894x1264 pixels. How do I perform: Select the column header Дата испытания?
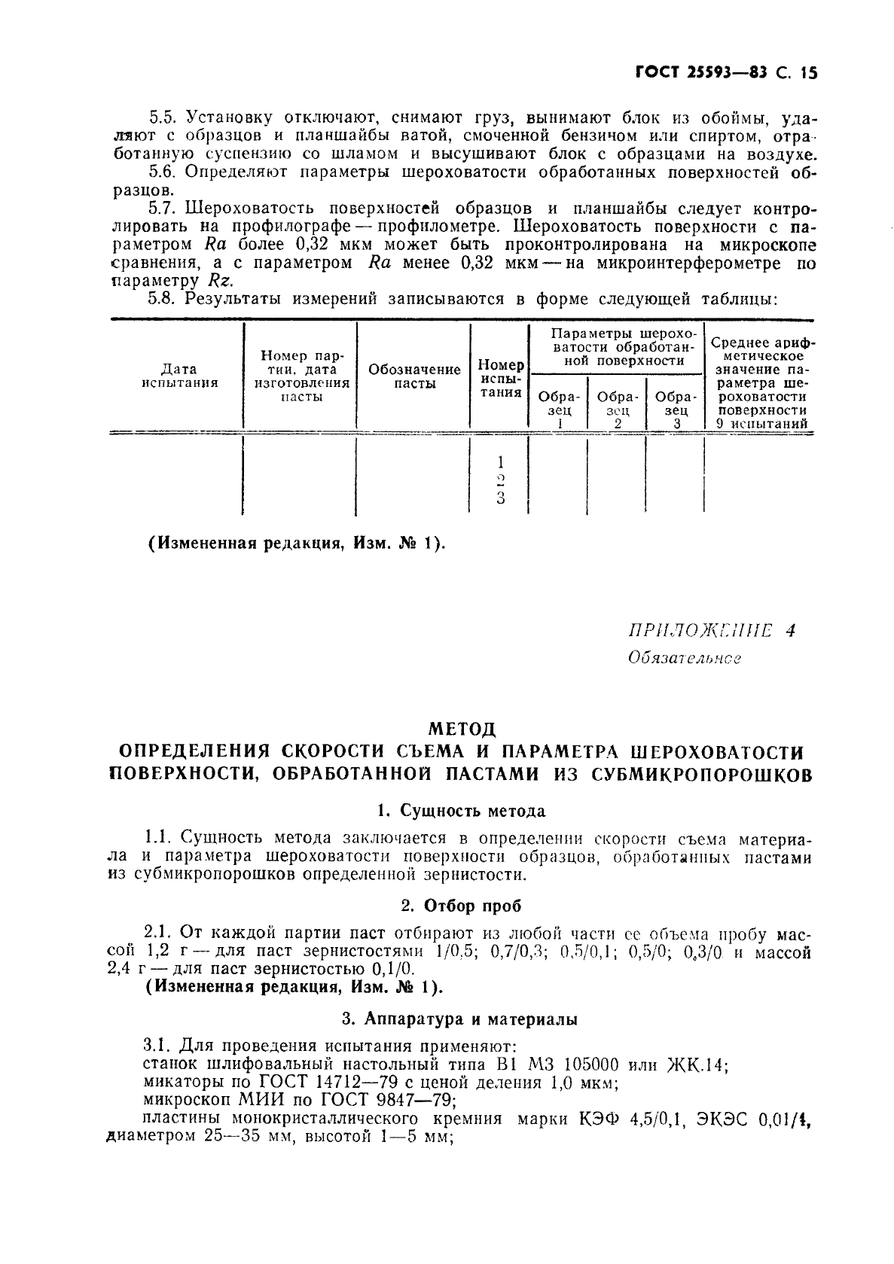tap(179, 376)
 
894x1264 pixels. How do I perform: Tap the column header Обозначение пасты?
tap(414, 376)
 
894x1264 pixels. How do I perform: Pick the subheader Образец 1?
tap(559, 410)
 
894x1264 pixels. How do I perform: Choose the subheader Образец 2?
tap(618, 410)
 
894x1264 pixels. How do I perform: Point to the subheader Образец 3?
tap(676, 410)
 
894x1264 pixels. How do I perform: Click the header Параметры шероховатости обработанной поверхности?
tap(618, 347)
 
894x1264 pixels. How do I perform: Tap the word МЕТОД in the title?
tap(462, 729)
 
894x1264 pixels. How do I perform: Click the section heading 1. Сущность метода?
tap(461, 811)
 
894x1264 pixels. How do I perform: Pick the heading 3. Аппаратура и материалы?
tap(460, 1019)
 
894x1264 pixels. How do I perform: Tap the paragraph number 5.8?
tap(161, 299)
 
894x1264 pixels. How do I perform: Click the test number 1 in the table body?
tap(501, 461)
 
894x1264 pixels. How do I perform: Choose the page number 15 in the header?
tap(810, 73)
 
